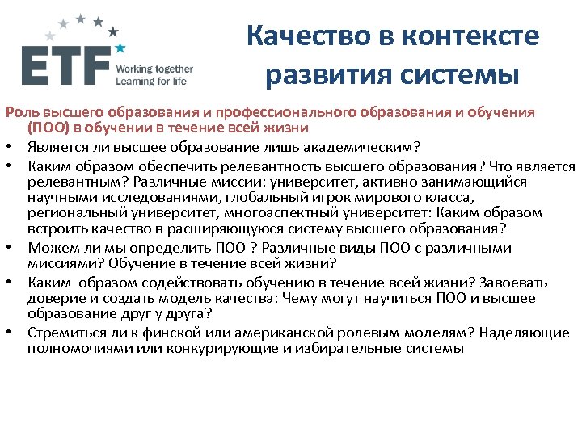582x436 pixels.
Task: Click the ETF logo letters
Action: [65, 65]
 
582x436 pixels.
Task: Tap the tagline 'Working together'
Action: [154, 69]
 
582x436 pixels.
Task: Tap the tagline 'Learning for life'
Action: [151, 81]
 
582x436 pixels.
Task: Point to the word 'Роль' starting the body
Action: [19, 112]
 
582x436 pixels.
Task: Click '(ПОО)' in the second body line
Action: [49, 127]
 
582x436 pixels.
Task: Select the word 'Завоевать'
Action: [514, 283]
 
